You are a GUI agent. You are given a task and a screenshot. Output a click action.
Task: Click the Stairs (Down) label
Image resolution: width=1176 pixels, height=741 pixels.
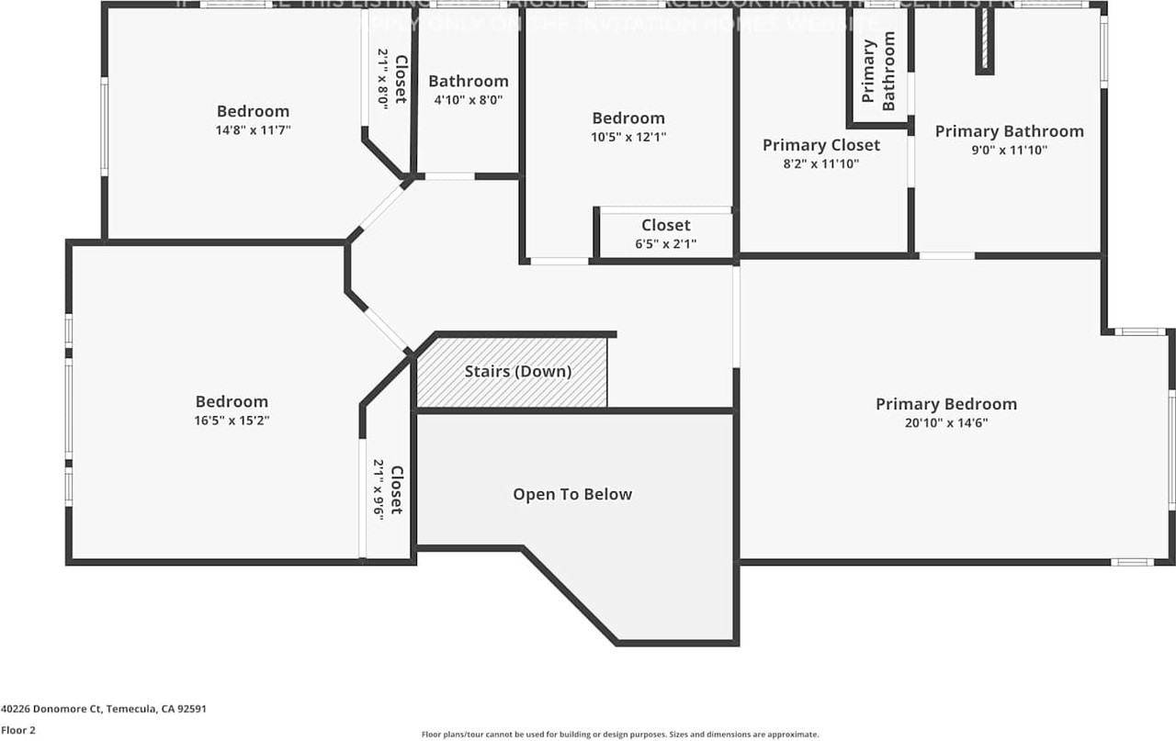(517, 372)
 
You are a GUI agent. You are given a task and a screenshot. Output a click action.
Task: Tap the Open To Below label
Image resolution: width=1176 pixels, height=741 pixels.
(572, 494)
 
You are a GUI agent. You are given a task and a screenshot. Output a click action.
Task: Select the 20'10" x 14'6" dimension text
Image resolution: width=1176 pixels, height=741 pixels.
(945, 423)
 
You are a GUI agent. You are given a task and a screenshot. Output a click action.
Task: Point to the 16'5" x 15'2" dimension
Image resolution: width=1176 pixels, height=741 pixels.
(232, 421)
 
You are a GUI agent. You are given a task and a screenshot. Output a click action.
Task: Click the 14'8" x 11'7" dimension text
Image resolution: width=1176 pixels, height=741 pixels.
(253, 130)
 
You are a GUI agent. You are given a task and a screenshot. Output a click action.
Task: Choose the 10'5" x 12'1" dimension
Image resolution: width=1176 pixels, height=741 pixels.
(628, 137)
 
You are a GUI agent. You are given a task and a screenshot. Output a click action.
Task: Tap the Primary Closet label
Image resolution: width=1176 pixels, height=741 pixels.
(820, 145)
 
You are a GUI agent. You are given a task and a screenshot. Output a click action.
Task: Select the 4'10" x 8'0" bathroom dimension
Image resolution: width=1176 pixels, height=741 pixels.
(468, 100)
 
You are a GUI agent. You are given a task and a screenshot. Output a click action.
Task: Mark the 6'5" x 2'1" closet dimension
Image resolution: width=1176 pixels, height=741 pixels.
(665, 244)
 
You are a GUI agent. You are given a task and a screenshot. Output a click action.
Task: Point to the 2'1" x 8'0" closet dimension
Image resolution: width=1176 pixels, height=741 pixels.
(383, 80)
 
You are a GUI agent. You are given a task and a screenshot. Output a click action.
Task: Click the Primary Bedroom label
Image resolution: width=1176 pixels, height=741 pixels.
(945, 404)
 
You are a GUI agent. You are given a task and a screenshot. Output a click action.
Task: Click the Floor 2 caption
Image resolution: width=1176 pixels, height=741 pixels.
(18, 730)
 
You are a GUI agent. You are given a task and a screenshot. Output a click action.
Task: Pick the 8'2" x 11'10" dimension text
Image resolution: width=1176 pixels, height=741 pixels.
(820, 164)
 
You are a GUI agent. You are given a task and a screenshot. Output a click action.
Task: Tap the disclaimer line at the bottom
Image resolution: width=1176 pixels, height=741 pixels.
(619, 735)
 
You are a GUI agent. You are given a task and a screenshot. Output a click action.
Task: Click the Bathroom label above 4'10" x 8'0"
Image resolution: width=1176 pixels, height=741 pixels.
(468, 81)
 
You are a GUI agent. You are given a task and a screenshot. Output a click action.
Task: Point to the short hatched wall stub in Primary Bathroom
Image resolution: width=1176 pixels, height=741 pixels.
(984, 42)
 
